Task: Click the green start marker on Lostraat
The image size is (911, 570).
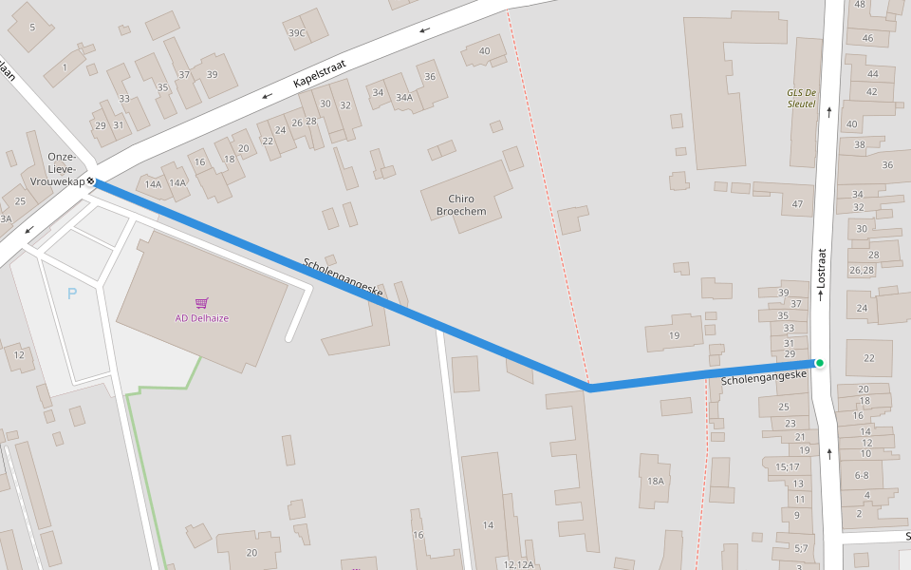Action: point(819,363)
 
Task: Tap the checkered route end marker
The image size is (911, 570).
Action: point(90,180)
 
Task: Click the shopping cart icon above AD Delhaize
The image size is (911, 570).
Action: point(201,303)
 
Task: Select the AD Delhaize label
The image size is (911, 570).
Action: point(202,318)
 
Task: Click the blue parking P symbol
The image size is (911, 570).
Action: point(72,294)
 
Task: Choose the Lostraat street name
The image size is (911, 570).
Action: point(822,269)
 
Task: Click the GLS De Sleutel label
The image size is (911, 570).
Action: point(801,98)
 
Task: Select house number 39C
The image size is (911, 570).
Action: point(297,33)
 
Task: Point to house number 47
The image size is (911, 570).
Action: point(797,204)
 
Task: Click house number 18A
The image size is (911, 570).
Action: point(656,482)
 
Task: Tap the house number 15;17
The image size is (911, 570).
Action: point(788,466)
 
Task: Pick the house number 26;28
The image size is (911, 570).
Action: point(862,271)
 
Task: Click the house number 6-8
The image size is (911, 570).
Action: point(862,475)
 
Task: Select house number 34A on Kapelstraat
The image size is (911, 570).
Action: point(404,97)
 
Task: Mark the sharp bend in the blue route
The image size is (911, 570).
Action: point(589,388)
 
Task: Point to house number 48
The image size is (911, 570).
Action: point(861,5)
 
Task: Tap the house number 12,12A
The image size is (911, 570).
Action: point(518,564)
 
